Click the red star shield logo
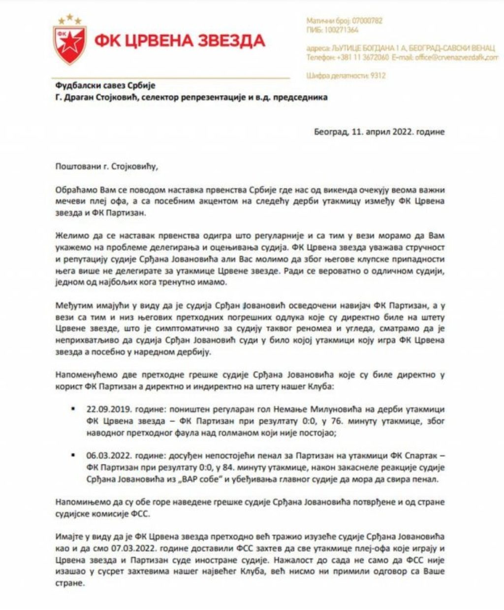click(x=70, y=44)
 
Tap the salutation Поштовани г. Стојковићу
click(x=107, y=166)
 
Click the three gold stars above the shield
click(x=70, y=19)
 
